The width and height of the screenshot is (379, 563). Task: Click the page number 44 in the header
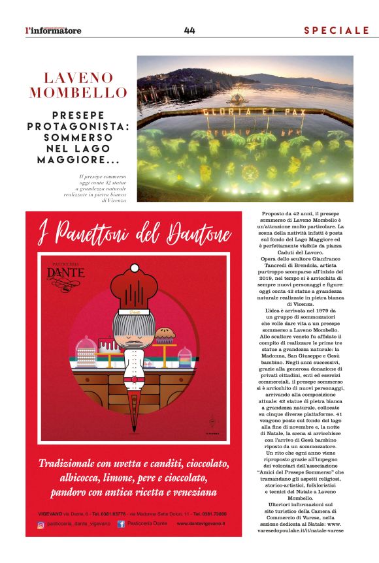pyautogui.click(x=189, y=30)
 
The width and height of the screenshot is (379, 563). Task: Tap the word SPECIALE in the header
pyautogui.click(x=337, y=30)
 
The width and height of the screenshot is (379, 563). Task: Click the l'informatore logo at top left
pyautogui.click(x=53, y=30)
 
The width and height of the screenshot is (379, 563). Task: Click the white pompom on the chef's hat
pyautogui.click(x=134, y=267)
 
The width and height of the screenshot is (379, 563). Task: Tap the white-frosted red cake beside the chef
pyautogui.click(x=105, y=345)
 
